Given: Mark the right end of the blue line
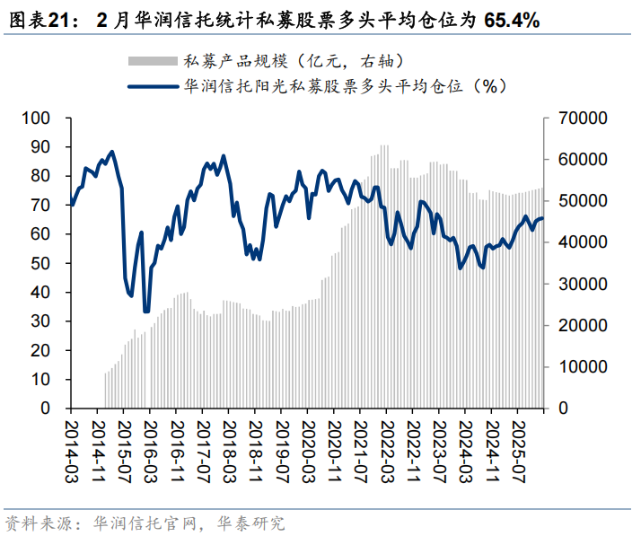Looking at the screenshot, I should click(x=542, y=218).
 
